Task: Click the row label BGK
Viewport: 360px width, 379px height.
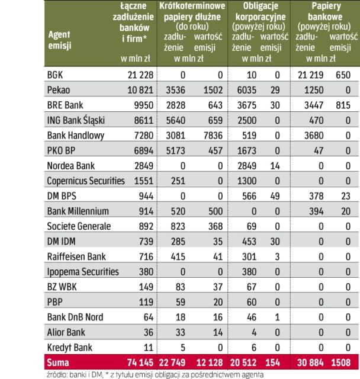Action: tap(54, 75)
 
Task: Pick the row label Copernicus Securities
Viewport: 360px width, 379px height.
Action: tap(86, 181)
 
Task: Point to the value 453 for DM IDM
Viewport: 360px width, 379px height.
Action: tap(245, 241)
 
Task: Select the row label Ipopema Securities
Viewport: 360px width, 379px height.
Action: tap(82, 271)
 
